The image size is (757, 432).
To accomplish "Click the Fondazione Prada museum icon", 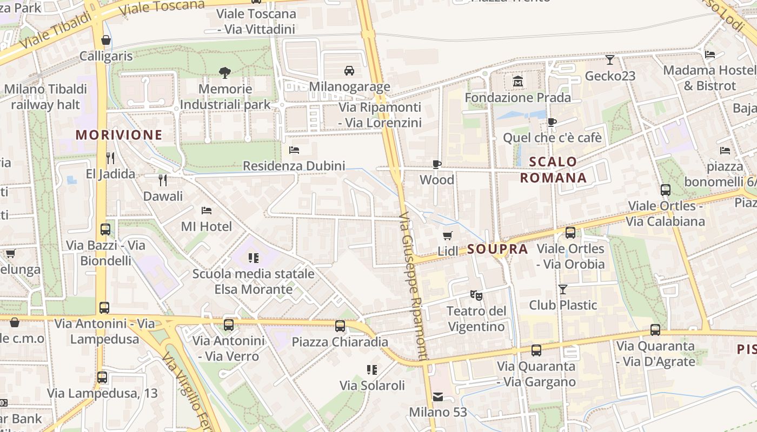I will coord(518,82).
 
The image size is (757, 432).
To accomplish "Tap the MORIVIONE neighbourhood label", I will coord(119,135).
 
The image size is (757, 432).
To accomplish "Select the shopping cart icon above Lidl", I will coord(447,235).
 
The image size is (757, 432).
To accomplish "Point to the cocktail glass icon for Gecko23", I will coord(610,60).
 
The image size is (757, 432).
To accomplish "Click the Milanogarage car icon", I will coord(349,70).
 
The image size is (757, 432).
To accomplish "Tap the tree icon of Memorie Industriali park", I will coord(224,72).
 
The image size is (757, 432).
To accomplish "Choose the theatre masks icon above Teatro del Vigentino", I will coord(476,295).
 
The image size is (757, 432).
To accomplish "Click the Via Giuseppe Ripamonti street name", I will coord(415,286).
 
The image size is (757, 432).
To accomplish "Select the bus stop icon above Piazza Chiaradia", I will coord(340,326).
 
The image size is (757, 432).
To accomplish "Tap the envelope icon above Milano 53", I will coord(437,397).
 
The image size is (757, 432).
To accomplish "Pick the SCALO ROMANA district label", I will coord(553,170).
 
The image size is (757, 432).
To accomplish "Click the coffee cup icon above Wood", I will coord(437,164).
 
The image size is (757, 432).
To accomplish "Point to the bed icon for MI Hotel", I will coord(206,210).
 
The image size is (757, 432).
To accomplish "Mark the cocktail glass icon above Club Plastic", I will coord(563,289).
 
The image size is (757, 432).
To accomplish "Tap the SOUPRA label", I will coord(497,249).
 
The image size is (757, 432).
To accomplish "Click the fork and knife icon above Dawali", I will coord(162,180).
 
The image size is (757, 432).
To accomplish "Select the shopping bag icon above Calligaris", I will coord(106,40).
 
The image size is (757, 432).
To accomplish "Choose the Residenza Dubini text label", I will coord(294,166).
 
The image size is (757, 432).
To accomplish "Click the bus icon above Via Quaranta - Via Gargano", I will coord(536,350).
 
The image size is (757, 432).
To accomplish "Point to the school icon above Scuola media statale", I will coord(253,258).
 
